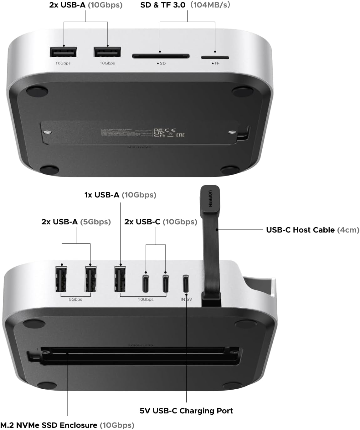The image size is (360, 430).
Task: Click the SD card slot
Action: pyautogui.click(x=161, y=56)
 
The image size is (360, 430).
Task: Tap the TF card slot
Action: pyautogui.click(x=215, y=58)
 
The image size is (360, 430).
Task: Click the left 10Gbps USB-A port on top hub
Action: pyautogui.click(x=64, y=52)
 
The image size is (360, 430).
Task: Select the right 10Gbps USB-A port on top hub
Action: pyautogui.click(x=107, y=52)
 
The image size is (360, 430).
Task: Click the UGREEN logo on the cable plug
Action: pyautogui.click(x=210, y=198)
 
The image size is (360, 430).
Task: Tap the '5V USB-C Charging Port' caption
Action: pyautogui.click(x=186, y=411)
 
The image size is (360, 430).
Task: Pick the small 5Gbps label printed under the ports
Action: pyautogui.click(x=75, y=299)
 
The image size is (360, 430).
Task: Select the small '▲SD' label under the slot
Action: pyautogui.click(x=161, y=63)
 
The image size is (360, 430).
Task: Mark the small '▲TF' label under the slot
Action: pyautogui.click(x=215, y=63)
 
